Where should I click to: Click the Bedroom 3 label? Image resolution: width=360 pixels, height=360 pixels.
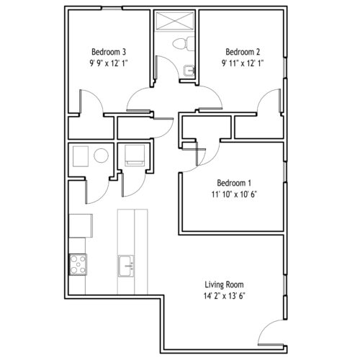click(x=109, y=52)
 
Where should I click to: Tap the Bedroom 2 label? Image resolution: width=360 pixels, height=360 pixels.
click(x=243, y=52)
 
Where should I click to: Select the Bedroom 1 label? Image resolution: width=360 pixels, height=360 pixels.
click(x=234, y=183)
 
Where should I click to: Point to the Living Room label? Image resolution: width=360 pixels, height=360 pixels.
click(x=224, y=284)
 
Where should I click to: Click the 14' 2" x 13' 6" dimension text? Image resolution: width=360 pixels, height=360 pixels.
click(x=224, y=296)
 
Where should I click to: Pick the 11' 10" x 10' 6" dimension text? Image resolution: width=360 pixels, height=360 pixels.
click(x=234, y=194)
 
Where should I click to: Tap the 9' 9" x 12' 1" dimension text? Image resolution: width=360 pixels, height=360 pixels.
click(x=109, y=63)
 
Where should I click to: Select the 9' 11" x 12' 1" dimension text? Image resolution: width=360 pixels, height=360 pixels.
click(x=243, y=63)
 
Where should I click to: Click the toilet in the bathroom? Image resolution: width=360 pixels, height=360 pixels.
click(x=184, y=43)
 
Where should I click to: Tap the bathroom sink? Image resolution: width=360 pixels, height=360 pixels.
click(x=189, y=71)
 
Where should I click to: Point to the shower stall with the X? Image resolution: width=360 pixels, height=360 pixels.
click(x=174, y=21)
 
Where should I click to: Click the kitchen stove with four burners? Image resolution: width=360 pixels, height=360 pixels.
click(x=78, y=264)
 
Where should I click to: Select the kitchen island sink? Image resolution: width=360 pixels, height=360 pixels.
click(x=126, y=266)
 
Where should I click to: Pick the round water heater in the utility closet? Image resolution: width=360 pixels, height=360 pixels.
click(x=101, y=156)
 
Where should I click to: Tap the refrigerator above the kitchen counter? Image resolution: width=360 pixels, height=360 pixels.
click(x=81, y=226)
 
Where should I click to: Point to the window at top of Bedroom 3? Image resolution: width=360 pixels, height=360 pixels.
click(x=112, y=9)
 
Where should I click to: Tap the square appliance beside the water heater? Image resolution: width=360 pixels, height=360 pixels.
click(x=81, y=156)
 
